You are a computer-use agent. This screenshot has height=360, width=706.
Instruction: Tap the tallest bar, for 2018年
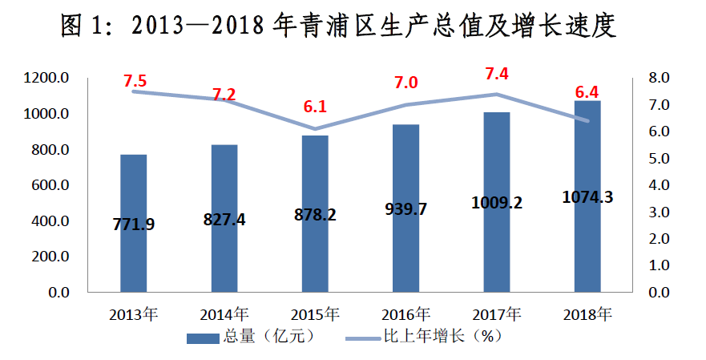[587, 241]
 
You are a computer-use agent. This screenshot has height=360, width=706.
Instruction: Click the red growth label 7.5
[135, 81]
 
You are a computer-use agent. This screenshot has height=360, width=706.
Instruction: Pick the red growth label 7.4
[497, 74]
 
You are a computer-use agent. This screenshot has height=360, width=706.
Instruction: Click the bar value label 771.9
[133, 224]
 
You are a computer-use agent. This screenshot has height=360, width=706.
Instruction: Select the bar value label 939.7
[405, 209]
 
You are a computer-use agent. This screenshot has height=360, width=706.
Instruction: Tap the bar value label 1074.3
[587, 197]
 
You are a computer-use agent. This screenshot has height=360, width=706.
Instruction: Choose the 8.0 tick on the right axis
[659, 79]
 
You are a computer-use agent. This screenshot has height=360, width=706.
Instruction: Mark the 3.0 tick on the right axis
[659, 212]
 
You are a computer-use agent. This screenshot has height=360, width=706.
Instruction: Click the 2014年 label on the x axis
[224, 313]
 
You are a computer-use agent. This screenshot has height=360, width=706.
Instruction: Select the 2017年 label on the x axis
[497, 313]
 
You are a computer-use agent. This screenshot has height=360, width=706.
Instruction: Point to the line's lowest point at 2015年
[315, 129]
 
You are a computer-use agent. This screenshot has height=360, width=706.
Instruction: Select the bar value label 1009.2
[497, 202]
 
